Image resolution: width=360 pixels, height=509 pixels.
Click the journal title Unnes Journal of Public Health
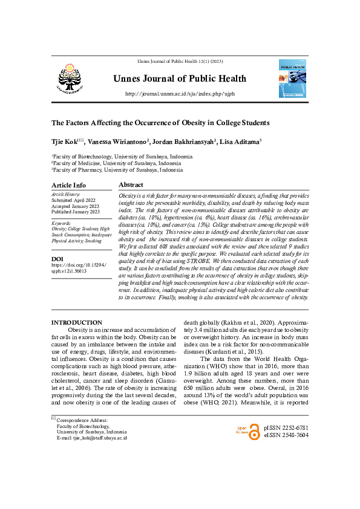click(x=180, y=79)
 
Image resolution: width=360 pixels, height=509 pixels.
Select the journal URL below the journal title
click(x=180, y=94)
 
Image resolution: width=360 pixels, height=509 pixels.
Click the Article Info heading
click(x=68, y=185)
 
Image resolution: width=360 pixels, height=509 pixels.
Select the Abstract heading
click(x=131, y=184)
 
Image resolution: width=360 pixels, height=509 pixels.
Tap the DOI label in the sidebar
click(x=58, y=258)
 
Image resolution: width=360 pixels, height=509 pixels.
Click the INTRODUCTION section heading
click(x=76, y=322)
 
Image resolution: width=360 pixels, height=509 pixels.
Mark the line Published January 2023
click(x=76, y=212)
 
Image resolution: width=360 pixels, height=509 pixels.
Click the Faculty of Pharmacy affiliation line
click(x=121, y=170)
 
